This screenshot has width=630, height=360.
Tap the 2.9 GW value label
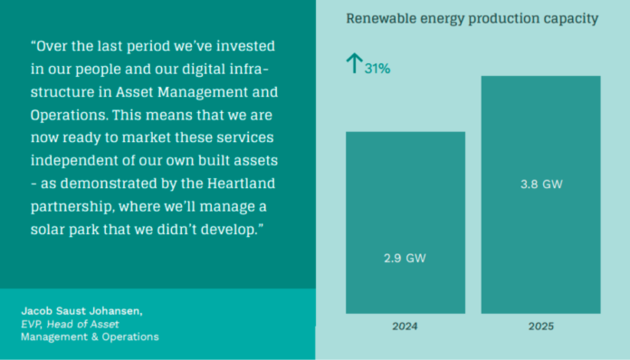[x=405, y=259]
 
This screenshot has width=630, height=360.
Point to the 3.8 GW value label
[x=541, y=185]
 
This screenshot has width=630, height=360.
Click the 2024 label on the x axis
[x=405, y=326]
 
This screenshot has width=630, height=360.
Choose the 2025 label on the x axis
[x=540, y=326]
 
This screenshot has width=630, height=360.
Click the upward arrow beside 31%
[x=354, y=63]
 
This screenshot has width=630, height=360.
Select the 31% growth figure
[x=377, y=69]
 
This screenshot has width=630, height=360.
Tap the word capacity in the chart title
[x=568, y=18]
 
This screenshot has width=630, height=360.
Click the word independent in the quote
[x=72, y=161]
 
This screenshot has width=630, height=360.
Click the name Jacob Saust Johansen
[x=81, y=311]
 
